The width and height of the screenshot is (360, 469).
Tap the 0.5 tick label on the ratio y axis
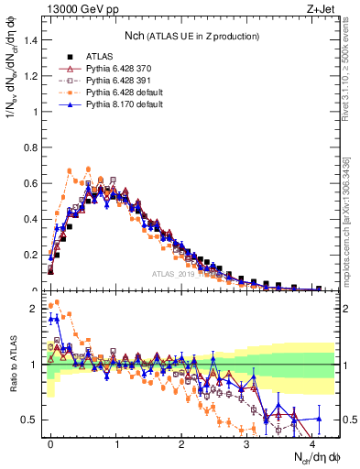click(x=31, y=420)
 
